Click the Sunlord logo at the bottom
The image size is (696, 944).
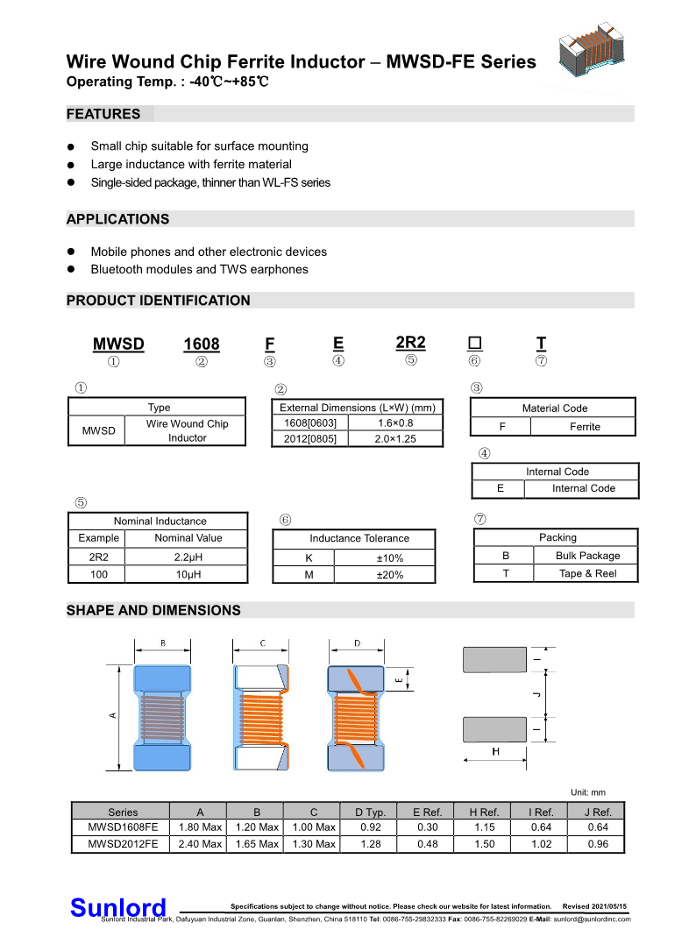pos(117,907)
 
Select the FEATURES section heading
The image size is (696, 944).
pos(103,114)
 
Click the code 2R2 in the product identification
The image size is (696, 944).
pos(410,343)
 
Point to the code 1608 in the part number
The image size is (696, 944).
pos(201,344)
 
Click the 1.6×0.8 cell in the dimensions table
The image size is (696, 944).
pos(395,422)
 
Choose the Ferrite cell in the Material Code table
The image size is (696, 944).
pos(585,427)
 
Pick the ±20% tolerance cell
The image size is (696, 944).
pos(390,575)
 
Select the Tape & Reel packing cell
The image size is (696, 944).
pos(587,573)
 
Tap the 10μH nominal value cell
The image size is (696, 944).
pos(188,574)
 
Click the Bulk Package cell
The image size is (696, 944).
pos(587,556)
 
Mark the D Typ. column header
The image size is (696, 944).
pos(370,812)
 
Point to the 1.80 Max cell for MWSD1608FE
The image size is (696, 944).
pos(200,827)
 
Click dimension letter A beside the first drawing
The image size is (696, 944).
pos(112,716)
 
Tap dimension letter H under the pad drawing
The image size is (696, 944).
pos(495,752)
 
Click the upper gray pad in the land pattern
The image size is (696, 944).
pos(495,659)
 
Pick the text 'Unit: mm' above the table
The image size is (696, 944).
pos(587,792)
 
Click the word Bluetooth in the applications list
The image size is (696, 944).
pos(118,269)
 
